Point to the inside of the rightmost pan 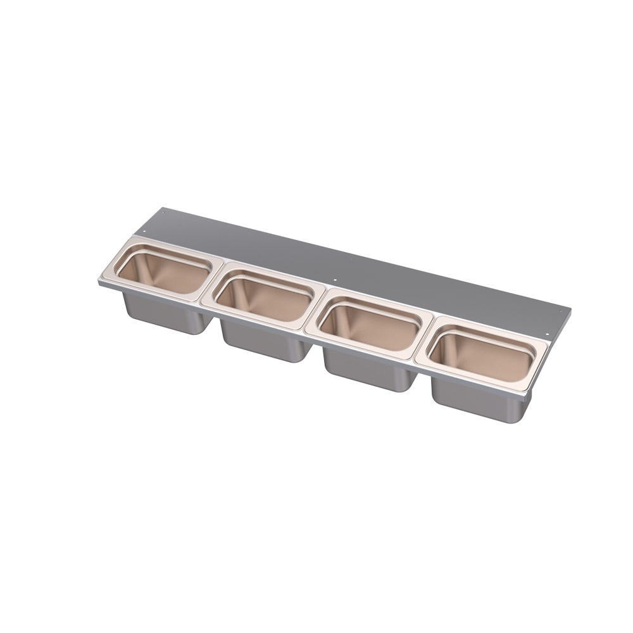coord(480,358)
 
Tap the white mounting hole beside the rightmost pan coord(547,334)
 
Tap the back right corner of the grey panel coord(570,310)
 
